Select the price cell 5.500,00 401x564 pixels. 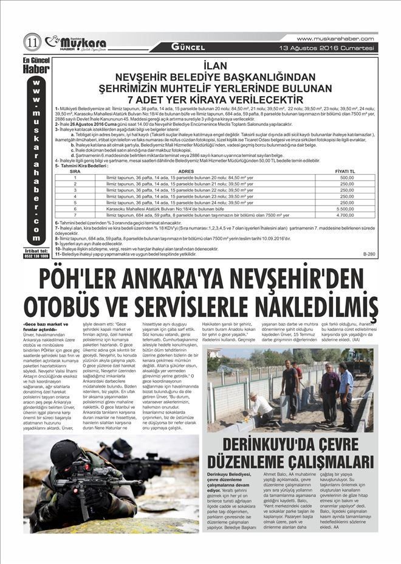pos(347,209)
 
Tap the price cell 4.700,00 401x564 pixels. pos(347,215)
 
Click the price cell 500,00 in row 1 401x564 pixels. pos(347,178)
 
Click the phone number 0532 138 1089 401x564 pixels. pos(37,256)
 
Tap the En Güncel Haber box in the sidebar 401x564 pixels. pos(37,66)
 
